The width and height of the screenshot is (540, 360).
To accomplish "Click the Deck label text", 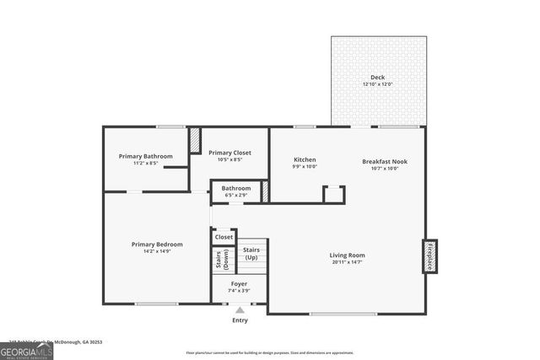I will tap(377, 77).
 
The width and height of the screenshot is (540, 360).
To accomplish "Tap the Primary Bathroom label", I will tap(145, 156).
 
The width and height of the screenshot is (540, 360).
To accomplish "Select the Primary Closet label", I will tap(229, 153).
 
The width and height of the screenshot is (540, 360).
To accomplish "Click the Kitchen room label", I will tap(305, 159).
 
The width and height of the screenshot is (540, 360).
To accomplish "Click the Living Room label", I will tap(347, 255).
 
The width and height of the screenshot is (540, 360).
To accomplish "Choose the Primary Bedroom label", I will tap(157, 244).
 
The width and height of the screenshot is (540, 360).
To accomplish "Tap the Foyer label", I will tap(240, 284).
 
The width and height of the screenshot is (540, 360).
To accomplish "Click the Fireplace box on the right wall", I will tap(429, 255).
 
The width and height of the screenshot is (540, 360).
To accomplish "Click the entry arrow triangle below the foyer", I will tap(240, 311).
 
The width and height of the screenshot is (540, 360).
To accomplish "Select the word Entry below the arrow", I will tap(240, 320).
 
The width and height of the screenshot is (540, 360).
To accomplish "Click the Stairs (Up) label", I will tap(251, 253).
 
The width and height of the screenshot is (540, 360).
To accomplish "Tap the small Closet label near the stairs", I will tap(224, 237).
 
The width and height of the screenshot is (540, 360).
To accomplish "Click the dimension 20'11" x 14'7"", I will tap(347, 262).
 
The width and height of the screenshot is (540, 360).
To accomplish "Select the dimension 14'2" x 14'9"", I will tap(157, 251).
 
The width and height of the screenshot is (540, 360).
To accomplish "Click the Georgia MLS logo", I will tap(26, 349).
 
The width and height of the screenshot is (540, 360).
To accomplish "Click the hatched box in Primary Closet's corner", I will tap(194, 139).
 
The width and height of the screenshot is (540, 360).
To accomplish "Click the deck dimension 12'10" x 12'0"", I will tap(377, 84).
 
